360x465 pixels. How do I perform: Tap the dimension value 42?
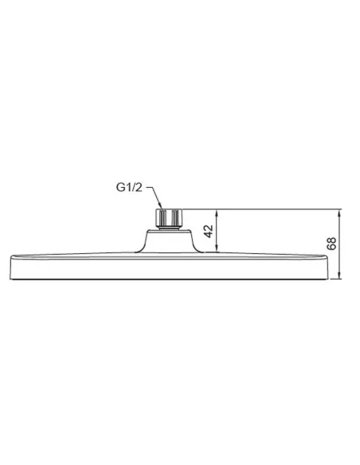pos(209,232)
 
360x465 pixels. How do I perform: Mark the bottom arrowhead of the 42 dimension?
pos(219,251)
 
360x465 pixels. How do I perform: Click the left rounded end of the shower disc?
pos(10,266)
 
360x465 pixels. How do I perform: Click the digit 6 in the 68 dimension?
pos(332,248)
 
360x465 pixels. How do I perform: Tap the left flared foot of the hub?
pos(143,250)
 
